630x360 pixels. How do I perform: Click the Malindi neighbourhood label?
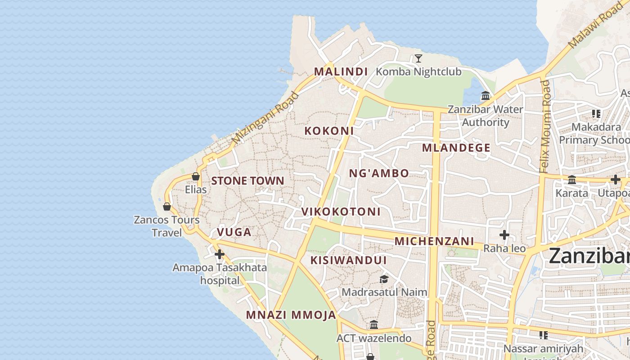point(341,72)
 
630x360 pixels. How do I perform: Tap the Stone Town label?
point(247,181)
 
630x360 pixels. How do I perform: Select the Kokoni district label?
point(329,131)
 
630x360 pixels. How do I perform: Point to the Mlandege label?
point(456,148)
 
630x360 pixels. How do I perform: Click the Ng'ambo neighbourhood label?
point(379,173)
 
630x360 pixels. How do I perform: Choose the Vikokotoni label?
point(341,211)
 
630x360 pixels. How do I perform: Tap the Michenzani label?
point(434,241)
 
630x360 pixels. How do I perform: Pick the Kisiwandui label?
point(348,260)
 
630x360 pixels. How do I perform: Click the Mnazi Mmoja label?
point(291,315)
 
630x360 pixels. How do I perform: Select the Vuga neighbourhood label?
point(234,232)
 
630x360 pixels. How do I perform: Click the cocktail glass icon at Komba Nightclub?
point(418,58)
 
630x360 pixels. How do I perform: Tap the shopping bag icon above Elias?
point(196,176)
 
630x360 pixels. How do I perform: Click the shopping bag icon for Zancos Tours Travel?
point(167,207)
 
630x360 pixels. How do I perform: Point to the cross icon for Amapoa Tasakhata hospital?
point(220,254)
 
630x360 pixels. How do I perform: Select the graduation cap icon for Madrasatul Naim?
point(384,279)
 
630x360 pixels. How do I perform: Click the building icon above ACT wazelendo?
point(374,324)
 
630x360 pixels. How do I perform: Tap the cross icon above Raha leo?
point(504,235)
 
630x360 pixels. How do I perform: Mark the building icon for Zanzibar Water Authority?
point(486,95)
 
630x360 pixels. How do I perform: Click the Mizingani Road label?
point(265,118)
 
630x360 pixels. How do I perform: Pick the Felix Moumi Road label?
point(545,126)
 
